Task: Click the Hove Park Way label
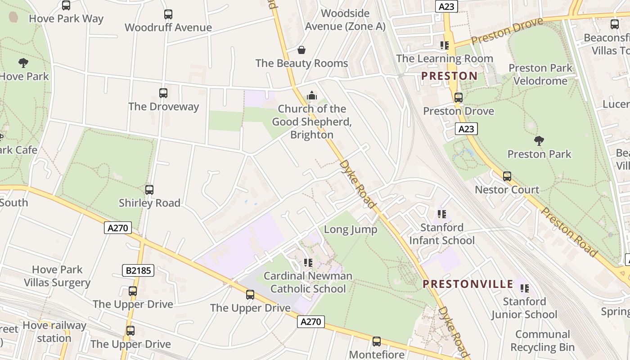(66, 18)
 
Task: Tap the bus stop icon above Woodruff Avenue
(168, 14)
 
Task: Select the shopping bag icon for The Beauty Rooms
(301, 50)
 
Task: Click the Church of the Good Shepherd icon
(311, 95)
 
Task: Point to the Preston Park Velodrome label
(540, 74)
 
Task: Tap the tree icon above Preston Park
(539, 141)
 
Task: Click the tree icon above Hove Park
(23, 63)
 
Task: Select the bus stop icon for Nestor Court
(507, 176)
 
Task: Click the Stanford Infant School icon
(441, 214)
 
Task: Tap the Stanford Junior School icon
(524, 288)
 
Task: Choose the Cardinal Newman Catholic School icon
(308, 262)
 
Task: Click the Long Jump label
(351, 229)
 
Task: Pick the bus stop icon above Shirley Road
(149, 190)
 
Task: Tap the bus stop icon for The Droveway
(163, 93)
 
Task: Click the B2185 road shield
(138, 270)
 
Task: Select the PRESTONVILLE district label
(468, 284)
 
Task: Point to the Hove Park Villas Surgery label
(57, 276)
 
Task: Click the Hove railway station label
(54, 331)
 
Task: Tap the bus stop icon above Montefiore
(377, 342)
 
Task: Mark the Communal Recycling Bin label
(542, 341)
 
